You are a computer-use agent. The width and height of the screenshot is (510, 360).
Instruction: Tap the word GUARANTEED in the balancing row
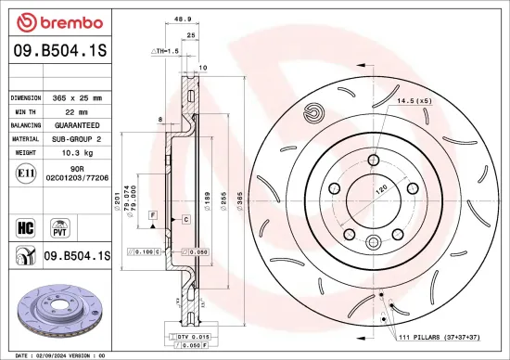(x=79, y=124)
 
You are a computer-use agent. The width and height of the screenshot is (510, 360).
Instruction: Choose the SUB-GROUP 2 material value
(x=79, y=137)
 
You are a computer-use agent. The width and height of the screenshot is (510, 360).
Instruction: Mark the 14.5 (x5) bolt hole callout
(x=414, y=100)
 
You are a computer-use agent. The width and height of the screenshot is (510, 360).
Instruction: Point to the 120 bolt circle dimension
(x=379, y=187)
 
